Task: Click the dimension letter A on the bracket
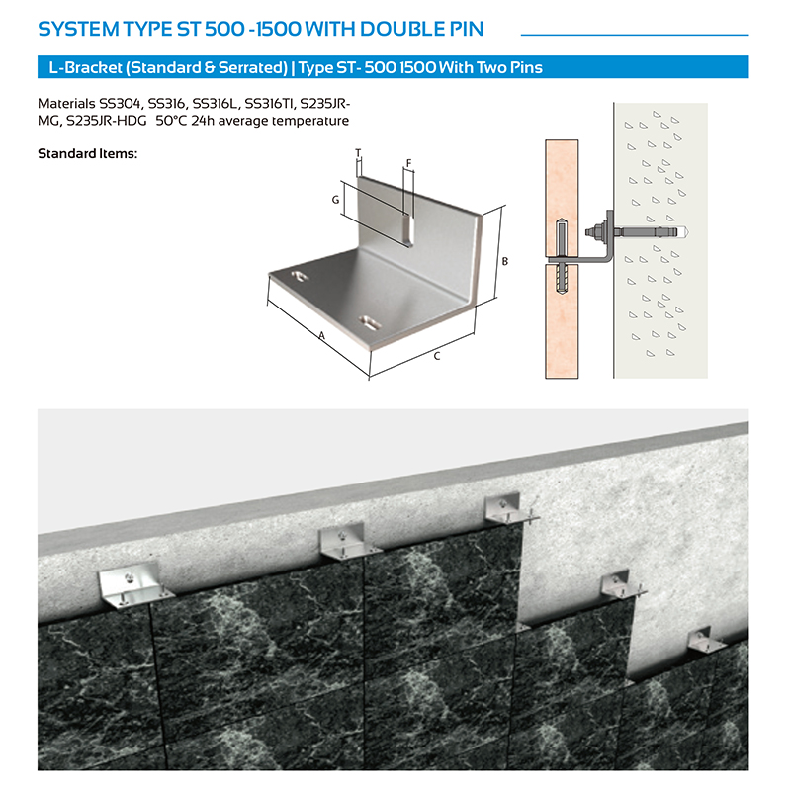click(322, 335)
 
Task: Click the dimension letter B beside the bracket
click(504, 261)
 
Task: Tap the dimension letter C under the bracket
click(437, 356)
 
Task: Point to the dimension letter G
click(335, 200)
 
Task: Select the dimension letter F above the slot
click(408, 163)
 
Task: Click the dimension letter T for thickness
click(358, 153)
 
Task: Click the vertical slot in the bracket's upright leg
click(408, 229)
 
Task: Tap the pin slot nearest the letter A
click(300, 276)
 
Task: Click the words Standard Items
click(87, 153)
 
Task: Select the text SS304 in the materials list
click(120, 104)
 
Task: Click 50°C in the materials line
click(171, 121)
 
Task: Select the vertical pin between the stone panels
click(562, 259)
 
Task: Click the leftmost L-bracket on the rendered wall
click(132, 585)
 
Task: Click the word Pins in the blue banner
click(524, 67)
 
